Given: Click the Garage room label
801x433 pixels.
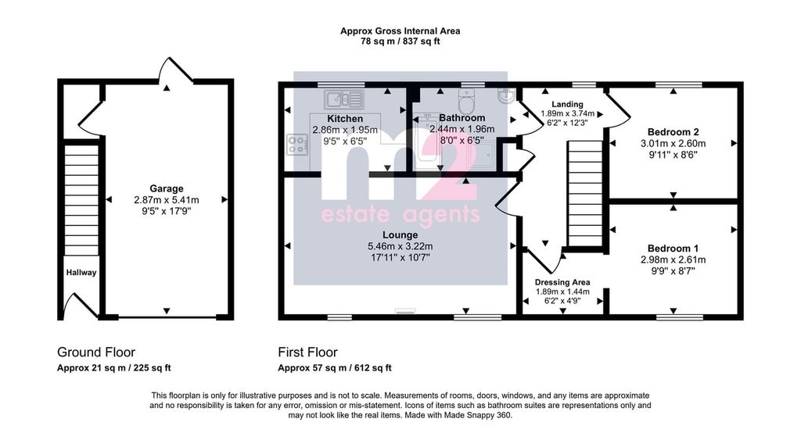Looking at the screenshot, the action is tap(167, 188).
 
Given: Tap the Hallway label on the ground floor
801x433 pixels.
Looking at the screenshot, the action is tap(81, 273).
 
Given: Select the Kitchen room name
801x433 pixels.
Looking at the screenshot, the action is tap(345, 119).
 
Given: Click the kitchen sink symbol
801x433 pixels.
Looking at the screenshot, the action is tap(344, 99).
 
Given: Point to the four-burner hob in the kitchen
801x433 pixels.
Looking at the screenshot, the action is tap(297, 144).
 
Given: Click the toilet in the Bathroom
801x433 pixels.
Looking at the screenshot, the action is tap(466, 101).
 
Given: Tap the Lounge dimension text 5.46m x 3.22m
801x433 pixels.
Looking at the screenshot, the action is tap(400, 246).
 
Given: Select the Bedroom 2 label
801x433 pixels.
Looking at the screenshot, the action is tap(673, 132).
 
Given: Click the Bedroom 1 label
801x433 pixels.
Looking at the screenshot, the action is tap(673, 249).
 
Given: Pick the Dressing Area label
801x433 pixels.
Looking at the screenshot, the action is tap(562, 282).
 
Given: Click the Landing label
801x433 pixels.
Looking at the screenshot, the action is tap(567, 104).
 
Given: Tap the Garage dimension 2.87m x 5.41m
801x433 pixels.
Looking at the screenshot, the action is tap(167, 200).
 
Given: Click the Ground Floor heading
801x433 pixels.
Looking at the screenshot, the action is tap(96, 352).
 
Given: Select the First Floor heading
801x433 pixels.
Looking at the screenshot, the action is tap(307, 352).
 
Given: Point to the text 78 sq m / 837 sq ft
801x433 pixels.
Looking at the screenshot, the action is tap(400, 41).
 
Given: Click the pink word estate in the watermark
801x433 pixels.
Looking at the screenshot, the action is tap(354, 214).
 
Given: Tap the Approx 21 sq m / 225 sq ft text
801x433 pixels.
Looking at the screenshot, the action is tap(114, 367).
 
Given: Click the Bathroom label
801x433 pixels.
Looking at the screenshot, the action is tap(462, 118).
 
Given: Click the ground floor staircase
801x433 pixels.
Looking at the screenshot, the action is tap(81, 199).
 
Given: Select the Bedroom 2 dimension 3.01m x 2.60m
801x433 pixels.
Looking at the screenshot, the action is tap(673, 144).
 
